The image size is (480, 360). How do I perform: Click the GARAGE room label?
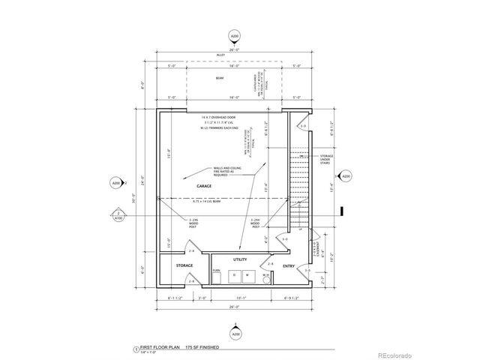204,184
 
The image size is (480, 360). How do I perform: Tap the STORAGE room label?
184,265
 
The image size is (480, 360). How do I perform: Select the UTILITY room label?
239,259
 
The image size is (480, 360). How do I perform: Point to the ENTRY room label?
289,265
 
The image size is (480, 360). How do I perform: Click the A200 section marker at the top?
235,35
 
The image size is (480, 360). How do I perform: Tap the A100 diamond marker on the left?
118,214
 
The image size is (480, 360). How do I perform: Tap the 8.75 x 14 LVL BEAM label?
208,201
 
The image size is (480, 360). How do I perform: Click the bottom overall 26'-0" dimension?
235,305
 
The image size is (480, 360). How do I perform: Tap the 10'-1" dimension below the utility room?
238,297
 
